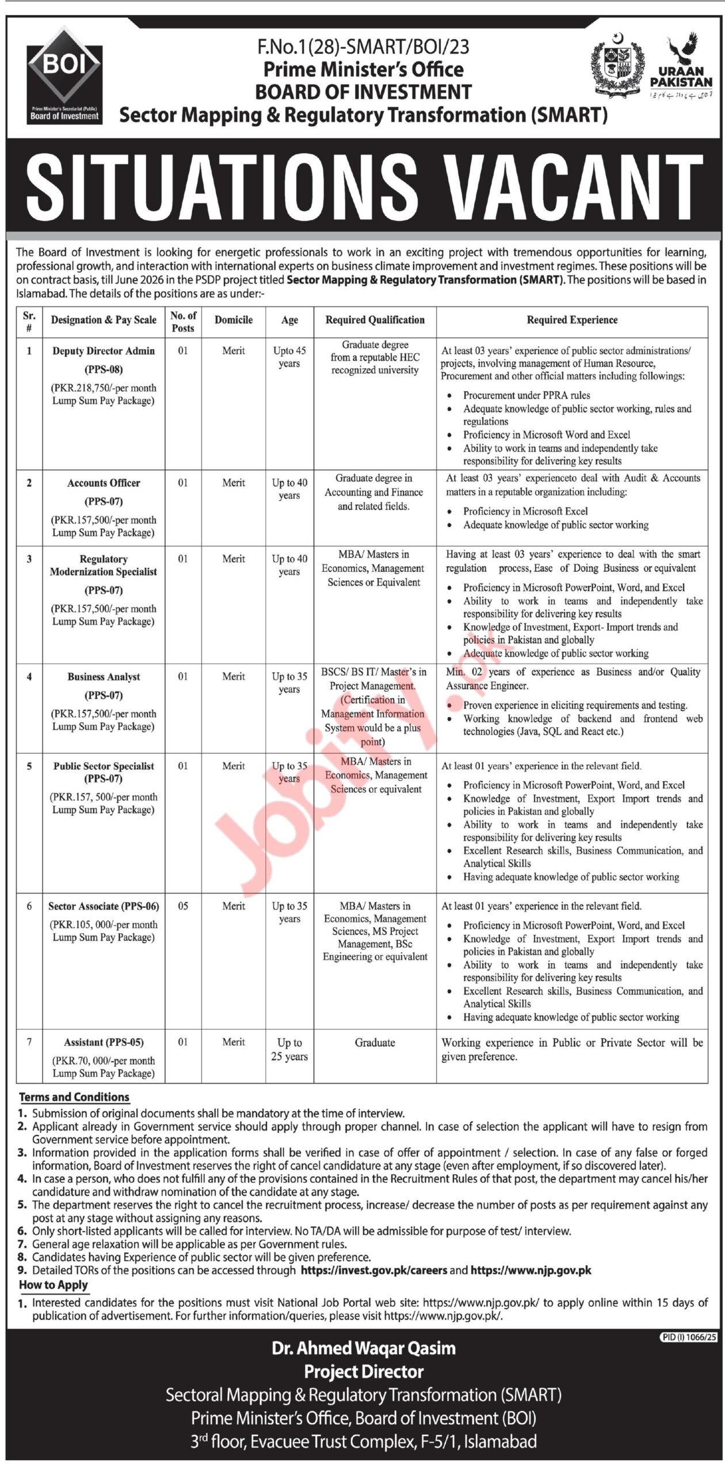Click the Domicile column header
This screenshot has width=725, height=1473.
pos(234,320)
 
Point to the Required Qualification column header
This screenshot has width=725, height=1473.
pos(375,320)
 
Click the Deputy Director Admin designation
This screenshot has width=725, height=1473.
pos(104,351)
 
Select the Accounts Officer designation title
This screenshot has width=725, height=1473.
pos(104,483)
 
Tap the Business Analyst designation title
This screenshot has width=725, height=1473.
pos(104,677)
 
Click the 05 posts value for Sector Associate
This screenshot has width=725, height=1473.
pos(182,906)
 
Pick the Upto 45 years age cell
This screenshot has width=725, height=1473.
pos(289,357)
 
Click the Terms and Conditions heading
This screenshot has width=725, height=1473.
pos(74,1097)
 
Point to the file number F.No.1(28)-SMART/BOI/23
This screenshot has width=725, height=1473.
pos(363,47)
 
